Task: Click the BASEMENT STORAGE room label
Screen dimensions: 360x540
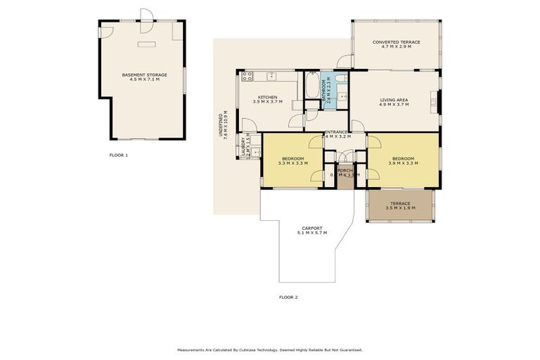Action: tap(144, 75)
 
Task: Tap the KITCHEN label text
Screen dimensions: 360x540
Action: tap(267, 97)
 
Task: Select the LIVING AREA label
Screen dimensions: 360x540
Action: tap(394, 100)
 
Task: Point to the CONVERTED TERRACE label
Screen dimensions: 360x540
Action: tap(396, 42)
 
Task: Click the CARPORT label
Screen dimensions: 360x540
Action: tap(311, 228)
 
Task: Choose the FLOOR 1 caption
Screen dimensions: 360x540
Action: tap(119, 154)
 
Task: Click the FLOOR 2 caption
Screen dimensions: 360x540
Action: tap(288, 297)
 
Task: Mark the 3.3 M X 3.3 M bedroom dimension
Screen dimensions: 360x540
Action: tap(292, 163)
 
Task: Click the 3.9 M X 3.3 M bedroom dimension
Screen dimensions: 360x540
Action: tap(403, 163)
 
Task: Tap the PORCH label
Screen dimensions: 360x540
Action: tap(345, 170)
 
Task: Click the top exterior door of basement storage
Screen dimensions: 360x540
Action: tap(146, 15)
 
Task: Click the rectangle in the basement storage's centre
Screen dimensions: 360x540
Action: tap(147, 44)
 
